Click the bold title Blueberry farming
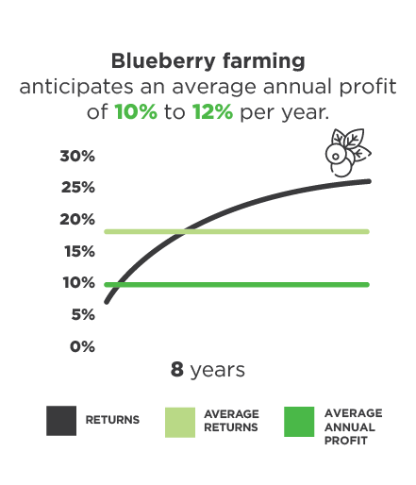click(208, 61)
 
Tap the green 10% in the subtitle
click(136, 111)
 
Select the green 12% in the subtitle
click(212, 111)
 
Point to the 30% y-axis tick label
click(77, 156)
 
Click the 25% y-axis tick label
click(78, 188)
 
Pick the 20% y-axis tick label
click(77, 219)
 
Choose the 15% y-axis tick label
click(79, 251)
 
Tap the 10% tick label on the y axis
click(79, 282)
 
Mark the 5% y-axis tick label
click(83, 314)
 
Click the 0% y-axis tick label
click(82, 346)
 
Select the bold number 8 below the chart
click(177, 369)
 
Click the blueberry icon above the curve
click(348, 153)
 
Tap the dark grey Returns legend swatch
click(61, 421)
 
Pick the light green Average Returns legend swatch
click(180, 423)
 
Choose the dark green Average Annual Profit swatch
click(299, 422)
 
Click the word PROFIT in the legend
click(346, 441)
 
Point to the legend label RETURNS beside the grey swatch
click(112, 420)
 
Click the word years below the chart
click(218, 371)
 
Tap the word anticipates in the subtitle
click(76, 87)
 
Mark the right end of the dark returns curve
click(369, 181)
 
